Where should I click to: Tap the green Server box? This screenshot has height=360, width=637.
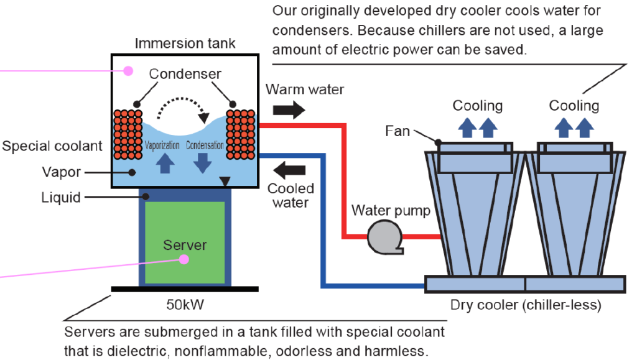(184, 244)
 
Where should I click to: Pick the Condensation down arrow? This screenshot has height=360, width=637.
(200, 162)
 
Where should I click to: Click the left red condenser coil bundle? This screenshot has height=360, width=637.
(128, 134)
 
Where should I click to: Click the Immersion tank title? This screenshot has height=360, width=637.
(185, 44)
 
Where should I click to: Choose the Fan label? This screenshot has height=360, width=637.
(398, 131)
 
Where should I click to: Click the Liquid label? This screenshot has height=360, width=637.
(61, 198)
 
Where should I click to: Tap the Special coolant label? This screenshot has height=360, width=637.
(52, 146)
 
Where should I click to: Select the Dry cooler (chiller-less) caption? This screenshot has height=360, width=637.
(526, 305)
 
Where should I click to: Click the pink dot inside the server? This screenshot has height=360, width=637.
(184, 259)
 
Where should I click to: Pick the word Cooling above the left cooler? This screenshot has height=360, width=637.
(477, 106)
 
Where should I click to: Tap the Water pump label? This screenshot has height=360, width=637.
(391, 210)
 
